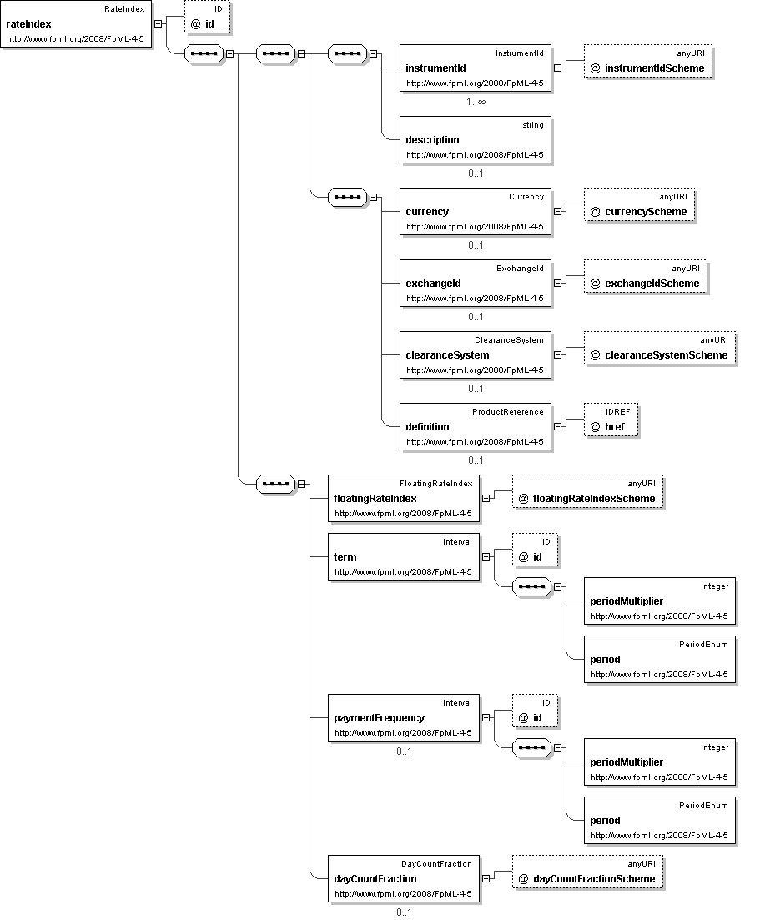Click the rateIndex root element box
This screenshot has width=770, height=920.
(x=76, y=24)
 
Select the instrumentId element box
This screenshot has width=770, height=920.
(x=476, y=68)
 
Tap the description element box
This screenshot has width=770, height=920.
(x=476, y=139)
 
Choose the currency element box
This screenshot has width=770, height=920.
(x=476, y=211)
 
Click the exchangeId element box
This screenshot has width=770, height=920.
(x=476, y=283)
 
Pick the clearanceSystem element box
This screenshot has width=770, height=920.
(x=476, y=355)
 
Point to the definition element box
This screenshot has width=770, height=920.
(x=476, y=426)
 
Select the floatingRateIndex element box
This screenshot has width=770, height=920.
(x=404, y=498)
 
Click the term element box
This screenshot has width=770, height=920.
(x=404, y=557)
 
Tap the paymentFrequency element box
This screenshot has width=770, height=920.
(x=404, y=717)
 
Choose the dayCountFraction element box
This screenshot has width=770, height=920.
(x=404, y=879)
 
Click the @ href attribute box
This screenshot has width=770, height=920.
(x=611, y=420)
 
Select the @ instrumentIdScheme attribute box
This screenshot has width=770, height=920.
(x=648, y=62)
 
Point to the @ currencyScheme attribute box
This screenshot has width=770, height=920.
(x=639, y=205)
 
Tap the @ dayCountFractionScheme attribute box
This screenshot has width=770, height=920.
(x=587, y=872)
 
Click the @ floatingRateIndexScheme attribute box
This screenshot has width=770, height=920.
(x=587, y=491)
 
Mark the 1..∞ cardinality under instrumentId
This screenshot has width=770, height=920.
(x=476, y=102)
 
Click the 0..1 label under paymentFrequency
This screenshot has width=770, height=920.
(x=404, y=751)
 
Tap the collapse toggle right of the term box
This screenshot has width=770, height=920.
(x=486, y=557)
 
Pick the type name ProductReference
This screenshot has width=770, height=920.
(x=508, y=412)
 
